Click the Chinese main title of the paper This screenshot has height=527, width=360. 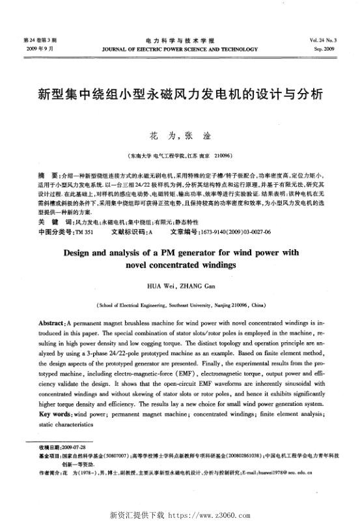tap(179, 94)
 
